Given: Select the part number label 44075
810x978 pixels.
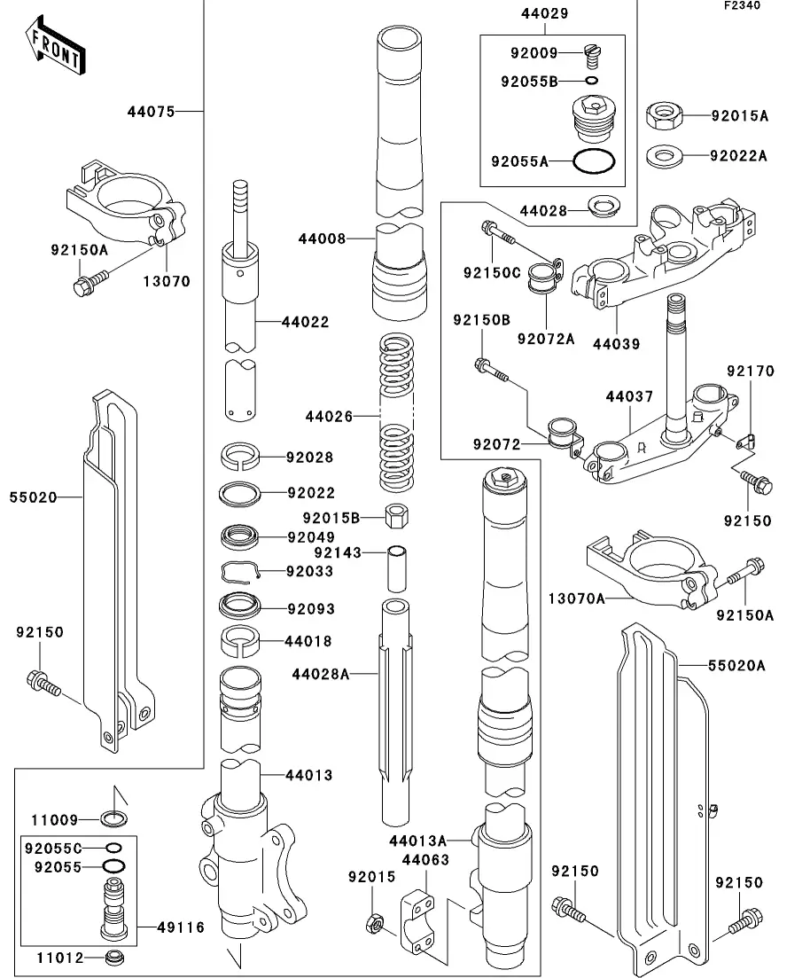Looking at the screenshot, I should [151, 112].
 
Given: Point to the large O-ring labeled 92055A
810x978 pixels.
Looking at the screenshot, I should [593, 162].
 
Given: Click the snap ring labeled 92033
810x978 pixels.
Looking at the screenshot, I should [240, 573].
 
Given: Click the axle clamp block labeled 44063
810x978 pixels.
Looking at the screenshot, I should [418, 923].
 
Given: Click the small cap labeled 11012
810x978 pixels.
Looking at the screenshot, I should [114, 958].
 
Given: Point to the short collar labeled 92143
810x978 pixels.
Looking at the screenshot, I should [397, 567].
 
